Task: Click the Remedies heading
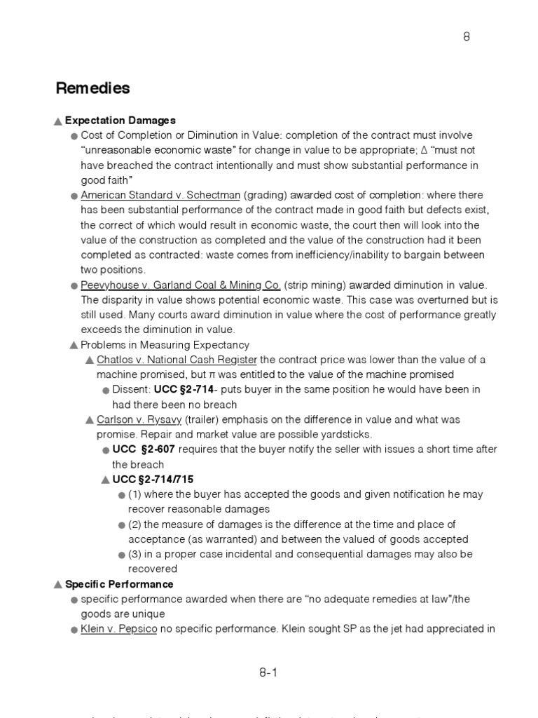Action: pyautogui.click(x=92, y=88)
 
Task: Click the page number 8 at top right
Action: pyautogui.click(x=467, y=37)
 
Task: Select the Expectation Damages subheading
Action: pyautogui.click(x=120, y=121)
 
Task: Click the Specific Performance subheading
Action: pyautogui.click(x=119, y=584)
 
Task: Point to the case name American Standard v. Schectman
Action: pyautogui.click(x=160, y=195)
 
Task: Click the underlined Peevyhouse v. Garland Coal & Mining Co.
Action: pyautogui.click(x=181, y=285)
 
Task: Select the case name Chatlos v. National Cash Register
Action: pyautogui.click(x=177, y=360)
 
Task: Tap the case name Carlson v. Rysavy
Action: pyautogui.click(x=139, y=419)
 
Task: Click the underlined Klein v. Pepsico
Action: pyautogui.click(x=119, y=629)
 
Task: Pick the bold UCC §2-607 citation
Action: pyautogui.click(x=145, y=449)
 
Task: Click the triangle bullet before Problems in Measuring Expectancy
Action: pyautogui.click(x=74, y=345)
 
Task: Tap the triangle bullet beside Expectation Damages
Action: pyautogui.click(x=57, y=121)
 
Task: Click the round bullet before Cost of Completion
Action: pyautogui.click(x=74, y=136)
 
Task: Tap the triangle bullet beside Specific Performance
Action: pyautogui.click(x=57, y=585)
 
